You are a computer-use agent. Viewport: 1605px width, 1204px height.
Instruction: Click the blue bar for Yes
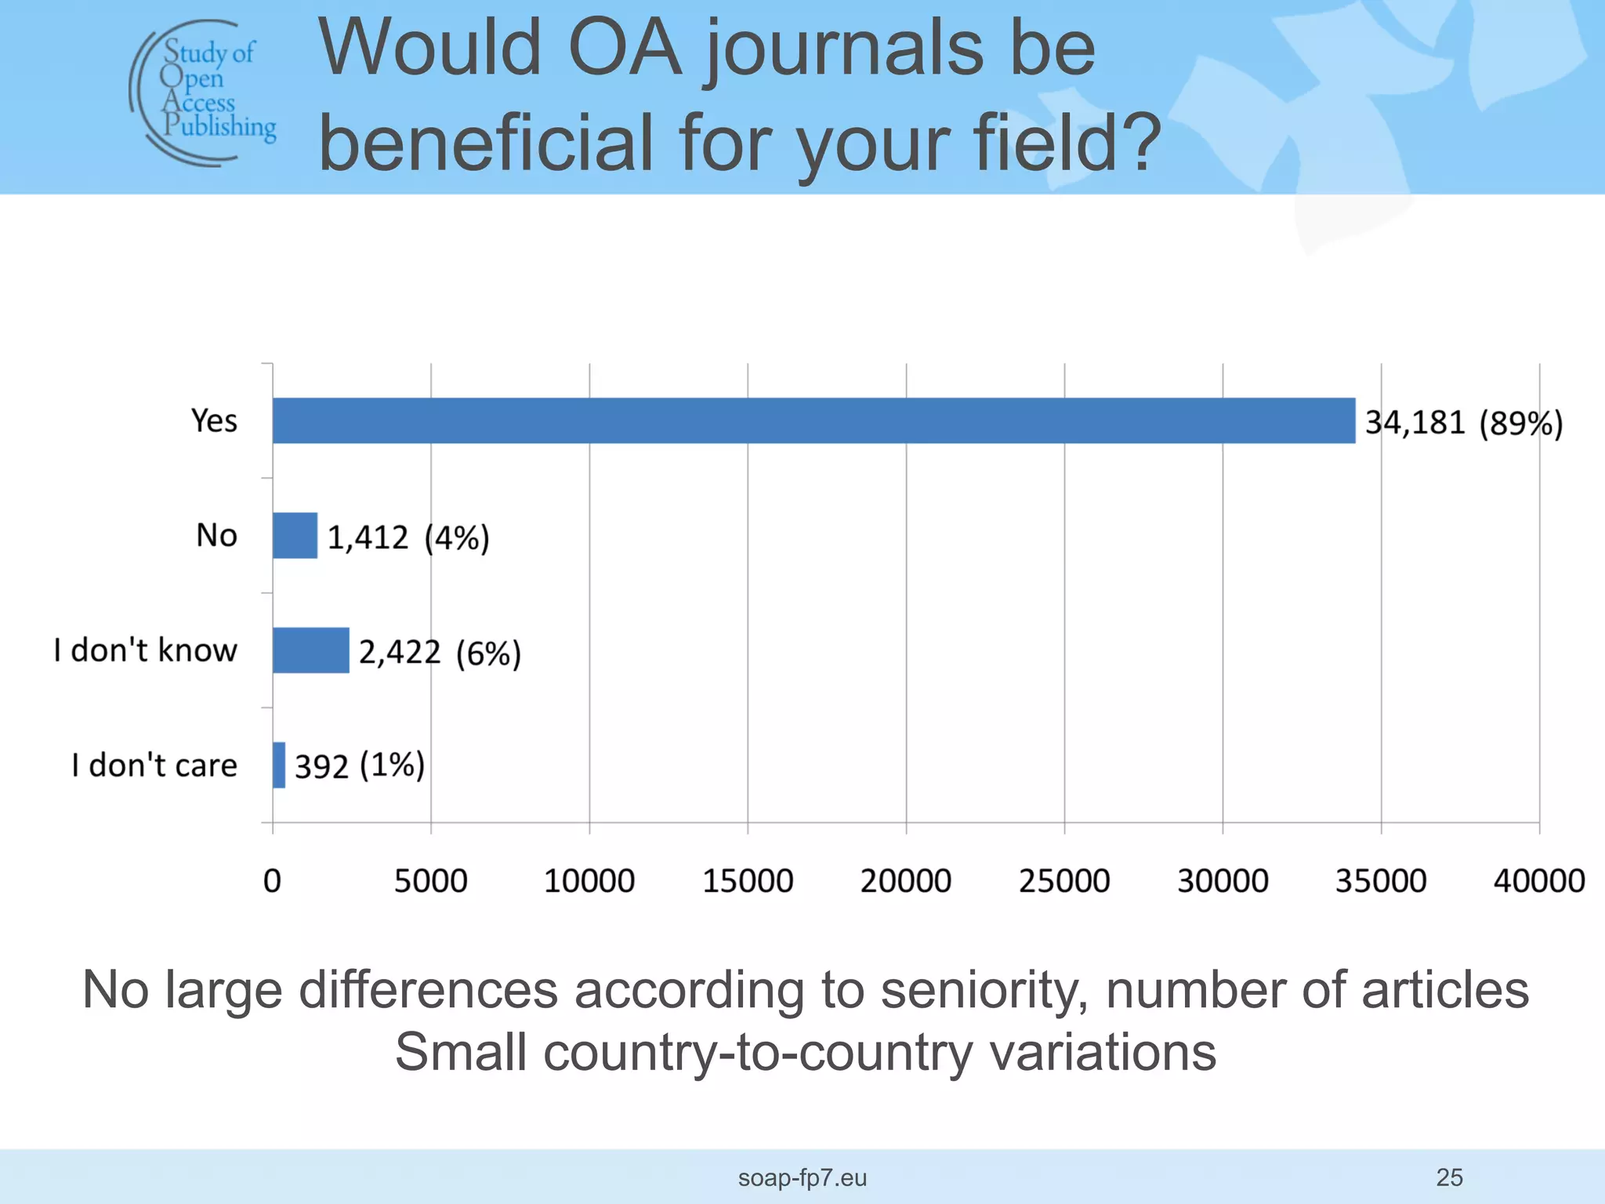pyautogui.click(x=813, y=421)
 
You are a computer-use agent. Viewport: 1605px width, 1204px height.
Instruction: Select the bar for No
pyautogui.click(x=295, y=535)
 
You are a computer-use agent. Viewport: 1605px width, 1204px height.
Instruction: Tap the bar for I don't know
pyautogui.click(x=310, y=651)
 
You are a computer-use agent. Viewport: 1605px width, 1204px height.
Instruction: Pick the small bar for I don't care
pyautogui.click(x=279, y=765)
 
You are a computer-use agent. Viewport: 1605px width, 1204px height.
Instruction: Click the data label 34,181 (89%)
pyautogui.click(x=1463, y=423)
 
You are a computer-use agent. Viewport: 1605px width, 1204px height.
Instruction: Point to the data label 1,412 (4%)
pyautogui.click(x=408, y=538)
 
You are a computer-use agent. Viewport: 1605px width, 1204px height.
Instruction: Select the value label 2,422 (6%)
pyautogui.click(x=440, y=652)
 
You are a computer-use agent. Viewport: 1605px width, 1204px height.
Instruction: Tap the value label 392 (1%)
pyautogui.click(x=360, y=766)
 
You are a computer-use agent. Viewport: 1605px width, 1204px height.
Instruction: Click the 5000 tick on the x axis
pyautogui.click(x=430, y=881)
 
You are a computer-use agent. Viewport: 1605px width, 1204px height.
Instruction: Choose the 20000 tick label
pyautogui.click(x=905, y=881)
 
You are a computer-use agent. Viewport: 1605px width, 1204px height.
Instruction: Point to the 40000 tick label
pyautogui.click(x=1538, y=881)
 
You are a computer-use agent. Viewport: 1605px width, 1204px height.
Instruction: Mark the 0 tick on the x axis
pyautogui.click(x=272, y=881)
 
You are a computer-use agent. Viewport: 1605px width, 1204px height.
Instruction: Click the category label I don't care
pyautogui.click(x=154, y=765)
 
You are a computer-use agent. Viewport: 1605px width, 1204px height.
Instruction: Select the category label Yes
pyautogui.click(x=214, y=421)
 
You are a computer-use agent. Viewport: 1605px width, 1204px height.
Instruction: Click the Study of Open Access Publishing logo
pyautogui.click(x=203, y=93)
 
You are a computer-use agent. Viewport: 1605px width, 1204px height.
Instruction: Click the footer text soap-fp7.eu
pyautogui.click(x=802, y=1177)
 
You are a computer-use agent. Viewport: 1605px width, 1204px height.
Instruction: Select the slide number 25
pyautogui.click(x=1449, y=1177)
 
